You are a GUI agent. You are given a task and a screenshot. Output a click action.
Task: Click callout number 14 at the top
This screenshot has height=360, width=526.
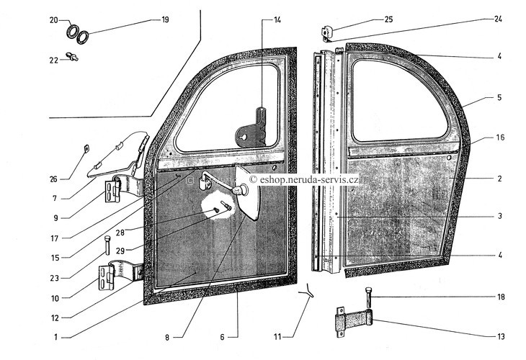(x=277, y=20)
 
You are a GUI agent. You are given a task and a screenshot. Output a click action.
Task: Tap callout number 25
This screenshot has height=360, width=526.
(x=388, y=19)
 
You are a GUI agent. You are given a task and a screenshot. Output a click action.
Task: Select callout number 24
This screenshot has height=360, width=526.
(x=498, y=19)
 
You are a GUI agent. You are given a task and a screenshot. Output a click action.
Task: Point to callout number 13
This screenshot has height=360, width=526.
(x=501, y=336)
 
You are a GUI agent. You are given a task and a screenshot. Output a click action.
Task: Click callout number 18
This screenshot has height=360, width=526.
(x=501, y=297)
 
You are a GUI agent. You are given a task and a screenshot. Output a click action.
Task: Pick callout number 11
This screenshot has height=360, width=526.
(x=277, y=337)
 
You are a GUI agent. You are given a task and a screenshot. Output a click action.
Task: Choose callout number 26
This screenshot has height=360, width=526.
(x=53, y=179)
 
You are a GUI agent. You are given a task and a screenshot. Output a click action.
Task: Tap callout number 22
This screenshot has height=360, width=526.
(x=53, y=60)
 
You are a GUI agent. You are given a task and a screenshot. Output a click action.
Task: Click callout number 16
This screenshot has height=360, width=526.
(x=500, y=138)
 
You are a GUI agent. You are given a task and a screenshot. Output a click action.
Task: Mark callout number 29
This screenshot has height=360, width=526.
(x=120, y=251)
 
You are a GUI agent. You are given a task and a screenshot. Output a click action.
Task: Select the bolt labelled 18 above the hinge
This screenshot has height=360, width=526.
(x=368, y=297)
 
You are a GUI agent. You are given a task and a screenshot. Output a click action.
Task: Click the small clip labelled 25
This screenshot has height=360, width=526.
(x=326, y=33)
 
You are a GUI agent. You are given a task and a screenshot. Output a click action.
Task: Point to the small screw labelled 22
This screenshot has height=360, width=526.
(x=72, y=56)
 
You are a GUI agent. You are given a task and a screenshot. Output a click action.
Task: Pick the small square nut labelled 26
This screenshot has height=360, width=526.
(x=86, y=148)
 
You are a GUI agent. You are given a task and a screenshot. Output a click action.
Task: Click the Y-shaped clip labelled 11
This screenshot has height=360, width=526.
(x=307, y=291)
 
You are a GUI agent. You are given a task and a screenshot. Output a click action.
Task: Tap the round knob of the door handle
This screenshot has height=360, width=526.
(x=242, y=190)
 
